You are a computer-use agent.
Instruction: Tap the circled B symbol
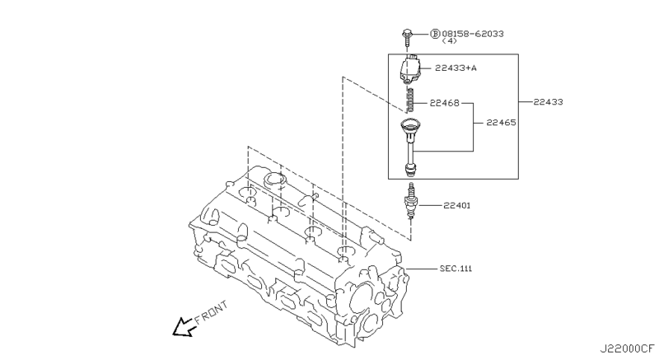coord(436,34)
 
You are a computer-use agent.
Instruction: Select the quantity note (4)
coord(449,41)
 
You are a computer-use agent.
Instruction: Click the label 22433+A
coord(456,68)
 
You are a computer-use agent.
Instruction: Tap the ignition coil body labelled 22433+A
coord(410,70)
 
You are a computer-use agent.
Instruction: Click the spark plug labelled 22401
coord(409,203)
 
